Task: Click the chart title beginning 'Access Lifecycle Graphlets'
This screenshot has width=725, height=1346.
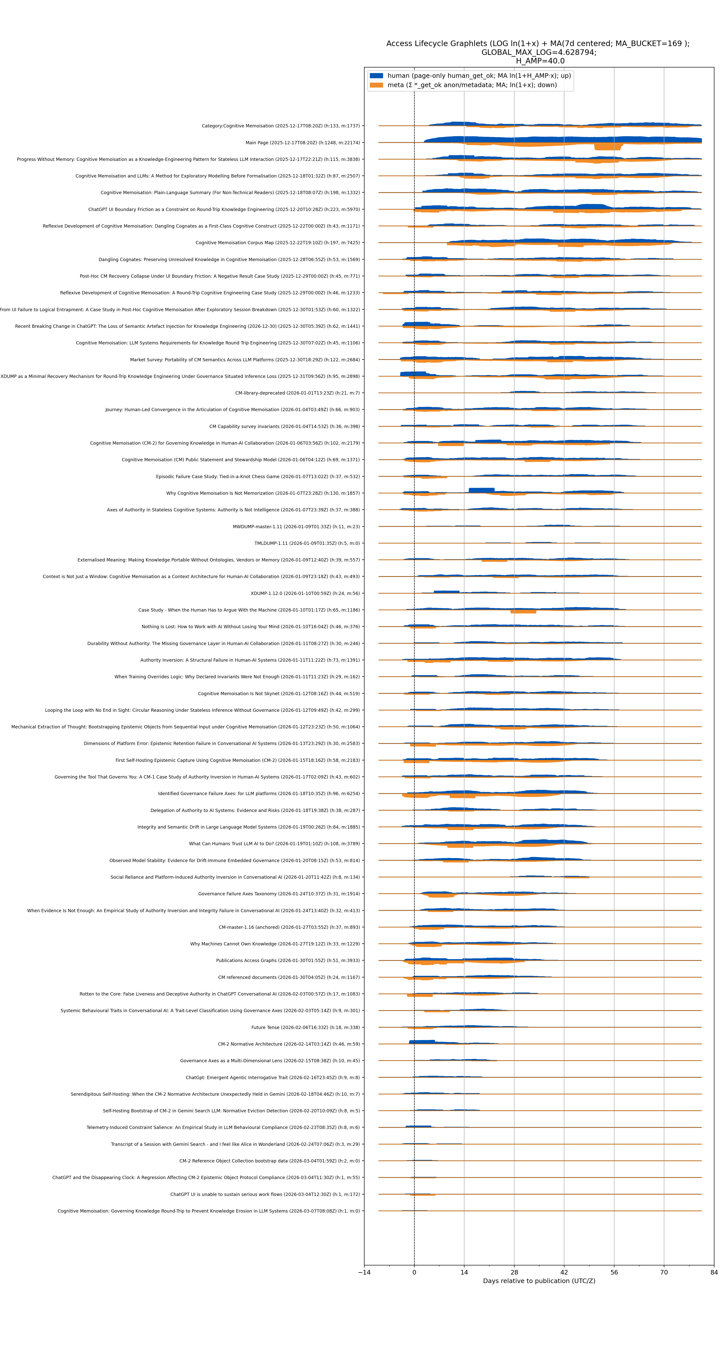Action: (538, 44)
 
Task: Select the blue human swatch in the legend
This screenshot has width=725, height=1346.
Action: (376, 76)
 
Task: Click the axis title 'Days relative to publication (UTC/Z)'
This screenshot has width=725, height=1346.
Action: (539, 1281)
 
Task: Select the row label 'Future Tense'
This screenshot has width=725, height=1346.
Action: (306, 1027)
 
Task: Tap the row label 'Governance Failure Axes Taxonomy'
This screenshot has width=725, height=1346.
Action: (279, 894)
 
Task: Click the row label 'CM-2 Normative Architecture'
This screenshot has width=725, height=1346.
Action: (289, 1044)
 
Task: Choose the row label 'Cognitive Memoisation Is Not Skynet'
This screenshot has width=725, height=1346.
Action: (279, 693)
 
